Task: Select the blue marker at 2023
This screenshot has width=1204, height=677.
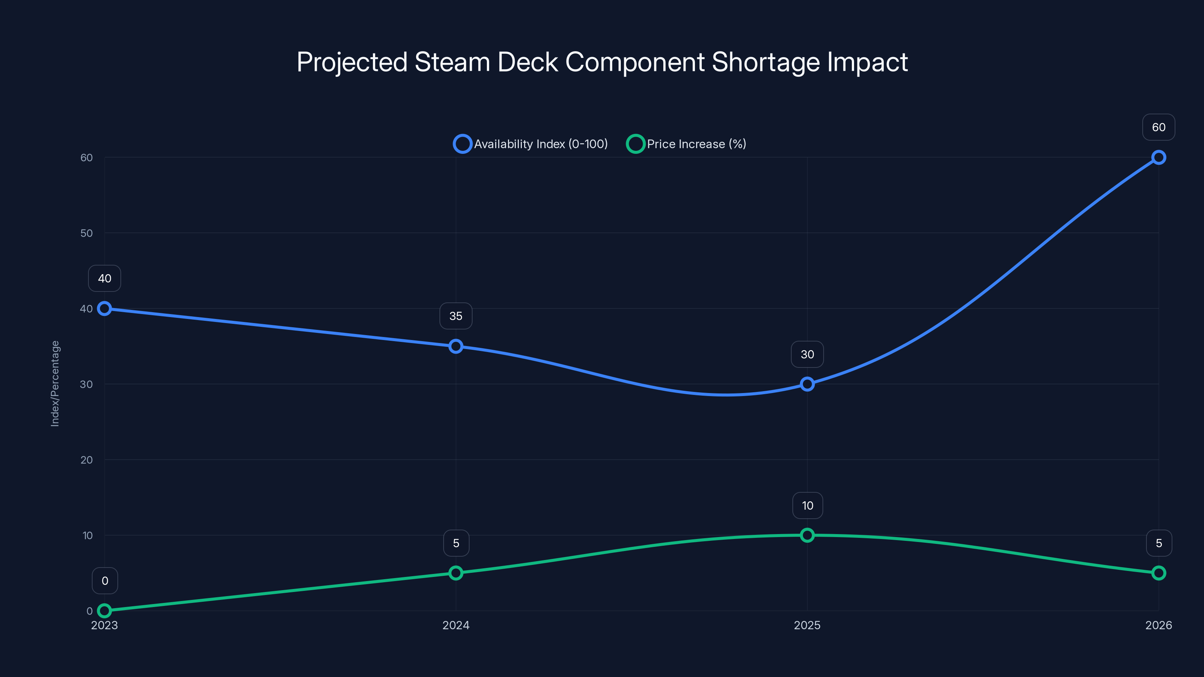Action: click(x=104, y=308)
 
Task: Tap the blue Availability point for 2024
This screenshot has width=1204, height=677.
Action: click(x=456, y=346)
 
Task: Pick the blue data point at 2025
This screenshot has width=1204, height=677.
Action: click(x=807, y=384)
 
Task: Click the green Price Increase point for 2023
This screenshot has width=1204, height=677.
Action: click(x=104, y=611)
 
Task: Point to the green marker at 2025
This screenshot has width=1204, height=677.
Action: click(x=807, y=535)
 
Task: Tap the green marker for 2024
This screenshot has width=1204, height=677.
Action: click(x=456, y=573)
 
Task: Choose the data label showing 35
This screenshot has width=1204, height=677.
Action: click(x=456, y=316)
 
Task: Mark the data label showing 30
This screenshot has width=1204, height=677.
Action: click(x=807, y=354)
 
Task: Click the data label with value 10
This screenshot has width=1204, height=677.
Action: click(x=807, y=505)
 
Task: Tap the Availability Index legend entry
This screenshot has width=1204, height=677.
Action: click(x=531, y=144)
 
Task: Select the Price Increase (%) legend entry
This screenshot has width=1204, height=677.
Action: click(x=687, y=144)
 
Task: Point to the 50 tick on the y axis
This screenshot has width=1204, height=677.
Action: click(x=87, y=233)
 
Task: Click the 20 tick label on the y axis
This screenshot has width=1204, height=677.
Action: click(x=87, y=460)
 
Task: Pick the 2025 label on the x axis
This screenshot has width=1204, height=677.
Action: click(x=807, y=625)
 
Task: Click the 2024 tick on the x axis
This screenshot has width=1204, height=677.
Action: click(x=456, y=625)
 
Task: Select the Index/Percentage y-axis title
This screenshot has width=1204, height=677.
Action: click(x=55, y=383)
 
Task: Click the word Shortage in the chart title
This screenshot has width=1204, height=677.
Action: click(x=765, y=62)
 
